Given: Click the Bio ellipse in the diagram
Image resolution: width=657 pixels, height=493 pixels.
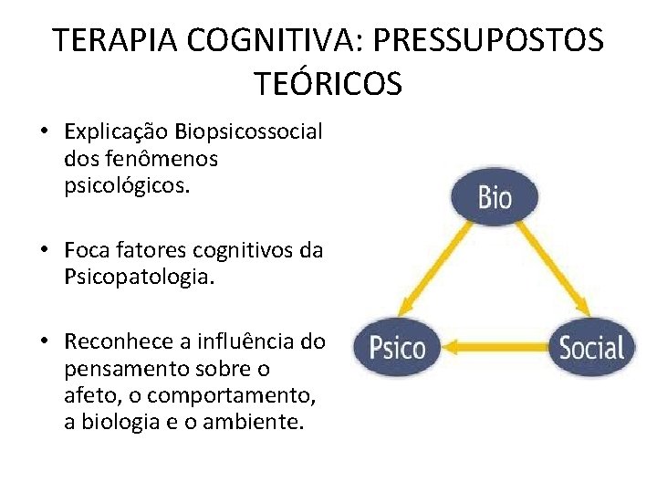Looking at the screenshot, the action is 495,197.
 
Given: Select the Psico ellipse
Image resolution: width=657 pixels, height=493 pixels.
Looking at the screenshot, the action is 396,348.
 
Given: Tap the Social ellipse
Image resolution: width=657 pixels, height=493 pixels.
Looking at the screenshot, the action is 591,348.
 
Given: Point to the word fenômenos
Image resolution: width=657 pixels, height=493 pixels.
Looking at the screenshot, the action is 155,159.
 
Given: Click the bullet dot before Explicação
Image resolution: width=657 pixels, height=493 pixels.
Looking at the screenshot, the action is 44,132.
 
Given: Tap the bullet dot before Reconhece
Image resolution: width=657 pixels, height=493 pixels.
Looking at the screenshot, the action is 44,343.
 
